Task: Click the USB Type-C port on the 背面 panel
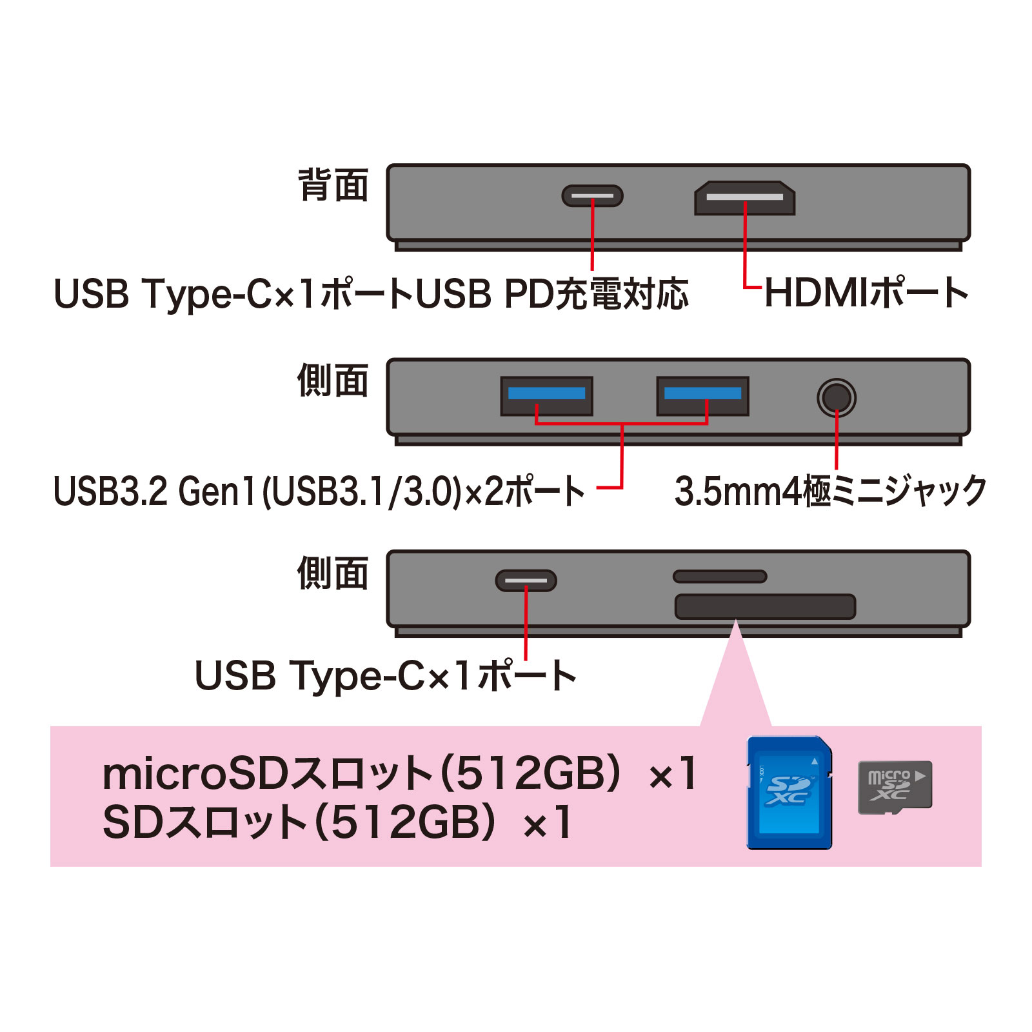point(592,195)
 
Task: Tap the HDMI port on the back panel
point(744,197)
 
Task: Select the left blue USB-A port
point(547,396)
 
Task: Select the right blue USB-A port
point(703,396)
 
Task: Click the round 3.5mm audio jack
point(837,397)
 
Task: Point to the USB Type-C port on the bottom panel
point(526,580)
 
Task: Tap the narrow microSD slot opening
point(720,576)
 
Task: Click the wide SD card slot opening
point(765,606)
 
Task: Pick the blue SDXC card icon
point(789,793)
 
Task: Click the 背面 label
point(333,185)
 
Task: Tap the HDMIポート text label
point(866,293)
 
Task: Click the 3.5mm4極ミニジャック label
point(831,491)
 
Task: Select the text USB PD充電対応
point(552,294)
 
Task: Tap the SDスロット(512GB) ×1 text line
point(337,822)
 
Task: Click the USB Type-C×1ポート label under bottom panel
point(386,675)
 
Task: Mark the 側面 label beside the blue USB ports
point(333,381)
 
